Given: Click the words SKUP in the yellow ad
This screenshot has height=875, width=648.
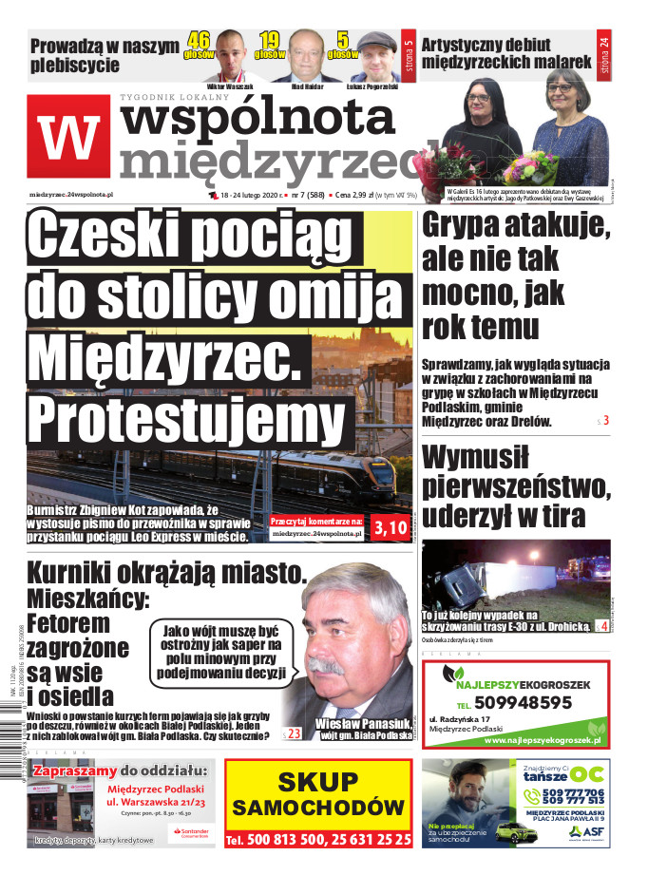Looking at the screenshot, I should point(319,782).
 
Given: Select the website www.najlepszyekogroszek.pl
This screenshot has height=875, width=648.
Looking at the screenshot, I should point(539,738).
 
